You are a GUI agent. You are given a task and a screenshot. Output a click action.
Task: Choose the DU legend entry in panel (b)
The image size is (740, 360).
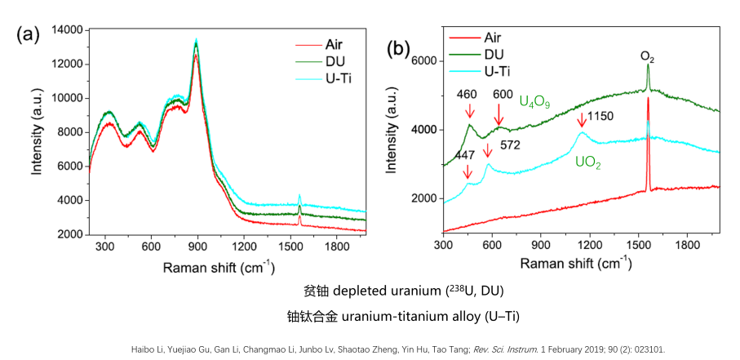point(494,53)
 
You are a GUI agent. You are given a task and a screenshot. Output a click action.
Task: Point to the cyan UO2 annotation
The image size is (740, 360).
point(589,162)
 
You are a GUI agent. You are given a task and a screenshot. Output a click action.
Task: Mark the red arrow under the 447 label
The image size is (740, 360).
point(467,172)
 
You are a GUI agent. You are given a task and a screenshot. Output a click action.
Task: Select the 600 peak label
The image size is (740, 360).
point(502,95)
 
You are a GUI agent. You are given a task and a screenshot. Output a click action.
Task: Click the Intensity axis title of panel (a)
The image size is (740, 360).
point(37,132)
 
